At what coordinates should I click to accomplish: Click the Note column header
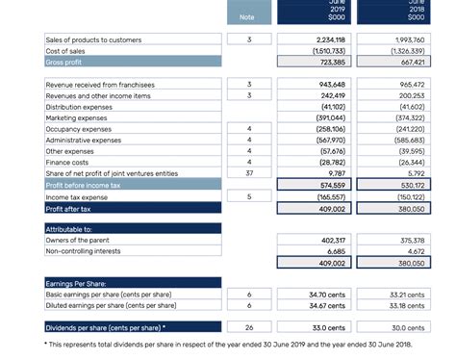(x=247, y=15)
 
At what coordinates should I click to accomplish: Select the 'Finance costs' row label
(x=69, y=163)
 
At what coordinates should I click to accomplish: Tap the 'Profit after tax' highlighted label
(x=69, y=207)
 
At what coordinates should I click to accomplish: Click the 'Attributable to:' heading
(x=69, y=229)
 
